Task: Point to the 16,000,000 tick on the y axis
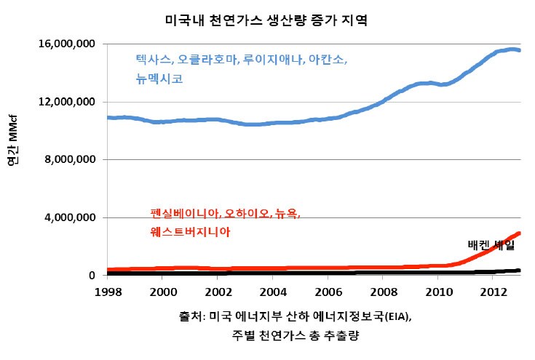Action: [x=68, y=44]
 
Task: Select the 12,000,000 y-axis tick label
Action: [x=68, y=102]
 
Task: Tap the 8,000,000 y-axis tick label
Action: [x=71, y=160]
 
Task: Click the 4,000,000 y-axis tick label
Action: [x=71, y=218]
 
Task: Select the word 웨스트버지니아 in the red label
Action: [x=191, y=232]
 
